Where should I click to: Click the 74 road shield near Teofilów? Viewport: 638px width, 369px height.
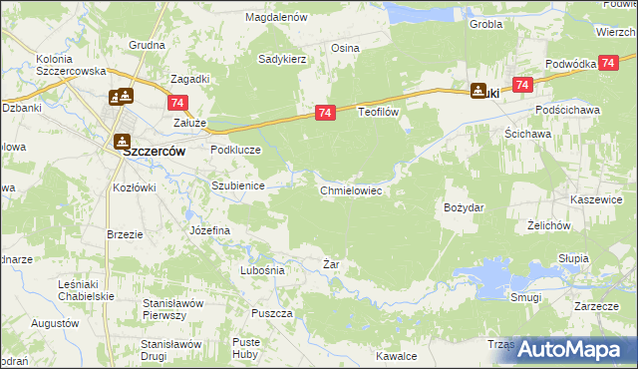(x=324, y=114)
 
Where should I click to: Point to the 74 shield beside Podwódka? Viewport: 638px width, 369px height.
(x=521, y=86)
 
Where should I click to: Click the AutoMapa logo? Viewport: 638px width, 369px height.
(x=566, y=349)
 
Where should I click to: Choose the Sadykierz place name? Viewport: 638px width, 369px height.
(x=282, y=60)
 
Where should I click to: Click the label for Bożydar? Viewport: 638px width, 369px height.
(x=464, y=207)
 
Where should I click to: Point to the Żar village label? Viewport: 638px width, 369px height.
(x=333, y=264)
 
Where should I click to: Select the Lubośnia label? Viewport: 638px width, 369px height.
(x=263, y=270)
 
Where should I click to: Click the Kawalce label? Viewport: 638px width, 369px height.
(x=396, y=356)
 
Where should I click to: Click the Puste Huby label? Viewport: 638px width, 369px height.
(x=246, y=347)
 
